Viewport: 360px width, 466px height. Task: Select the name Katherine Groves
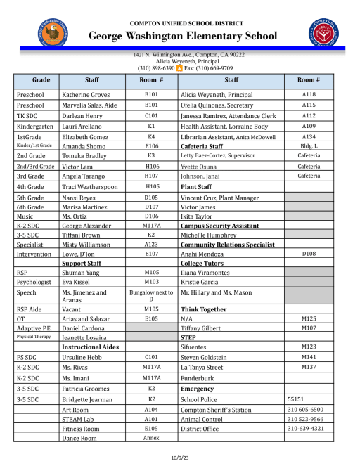(x=86, y=94)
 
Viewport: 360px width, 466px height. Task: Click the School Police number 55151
(x=295, y=399)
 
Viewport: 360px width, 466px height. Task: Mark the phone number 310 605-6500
(x=305, y=409)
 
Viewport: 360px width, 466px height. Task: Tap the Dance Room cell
(x=79, y=438)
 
